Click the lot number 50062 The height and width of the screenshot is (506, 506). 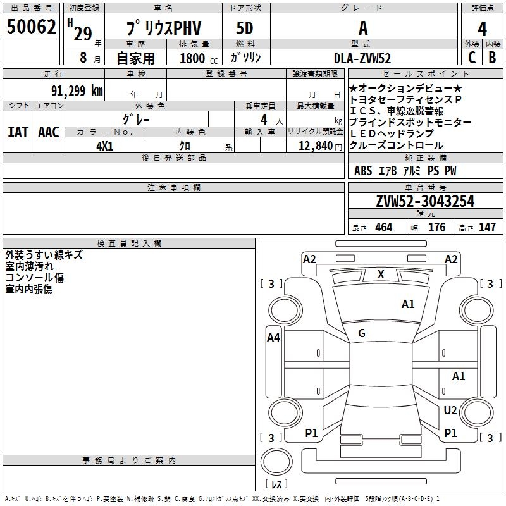[x=32, y=27]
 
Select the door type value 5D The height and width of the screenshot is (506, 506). [x=245, y=29]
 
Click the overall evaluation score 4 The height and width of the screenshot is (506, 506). [x=483, y=29]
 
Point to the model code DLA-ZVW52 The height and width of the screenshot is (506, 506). [x=362, y=58]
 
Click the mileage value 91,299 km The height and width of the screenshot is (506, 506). [x=77, y=91]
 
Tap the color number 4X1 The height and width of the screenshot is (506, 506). [x=105, y=145]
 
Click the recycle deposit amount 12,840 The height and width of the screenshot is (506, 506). [x=314, y=145]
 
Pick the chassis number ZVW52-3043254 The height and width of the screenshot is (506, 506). [x=425, y=201]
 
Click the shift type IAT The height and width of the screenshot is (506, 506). [x=18, y=132]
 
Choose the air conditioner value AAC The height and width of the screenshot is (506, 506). [x=49, y=132]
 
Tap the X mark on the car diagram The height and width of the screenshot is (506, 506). [x=381, y=275]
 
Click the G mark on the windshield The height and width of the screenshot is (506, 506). [x=362, y=333]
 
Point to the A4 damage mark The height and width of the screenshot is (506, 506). [x=273, y=338]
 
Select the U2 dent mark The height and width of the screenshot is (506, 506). [x=450, y=410]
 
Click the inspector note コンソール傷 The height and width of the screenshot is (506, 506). [x=35, y=278]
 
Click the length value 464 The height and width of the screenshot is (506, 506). [x=383, y=228]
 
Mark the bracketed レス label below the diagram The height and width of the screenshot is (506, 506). [x=276, y=484]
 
